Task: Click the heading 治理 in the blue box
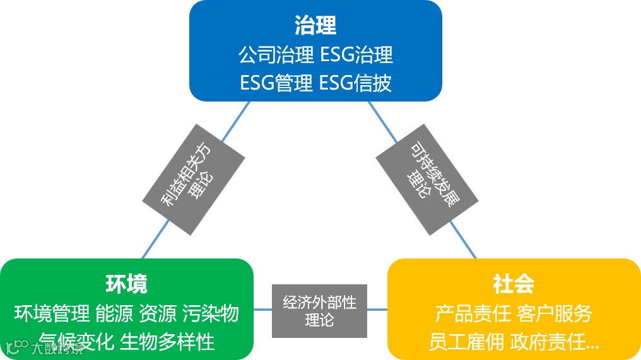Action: coord(315,25)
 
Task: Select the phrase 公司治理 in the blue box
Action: coord(276,54)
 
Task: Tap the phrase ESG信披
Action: coord(356,83)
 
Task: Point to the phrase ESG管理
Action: coord(276,83)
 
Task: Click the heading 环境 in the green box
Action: coord(126,284)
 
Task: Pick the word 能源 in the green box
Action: coord(114,313)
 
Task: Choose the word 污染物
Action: coord(211,313)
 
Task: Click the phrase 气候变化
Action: coord(76,341)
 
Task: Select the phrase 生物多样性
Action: coord(167,341)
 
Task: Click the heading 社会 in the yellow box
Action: coord(514,284)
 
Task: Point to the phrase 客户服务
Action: coord(555,313)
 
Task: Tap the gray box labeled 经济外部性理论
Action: coord(319,311)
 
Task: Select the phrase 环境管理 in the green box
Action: coord(52,313)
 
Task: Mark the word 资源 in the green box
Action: coord(158,313)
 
